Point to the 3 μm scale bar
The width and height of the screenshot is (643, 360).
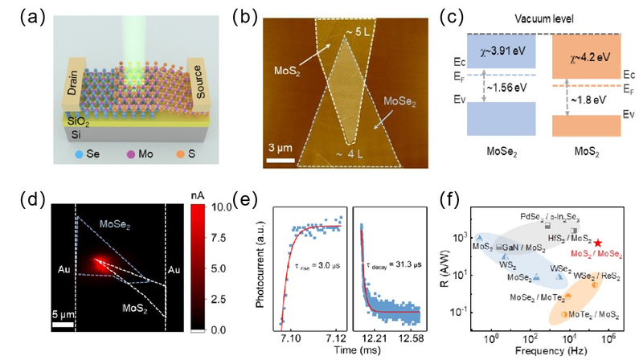click(x=278, y=158)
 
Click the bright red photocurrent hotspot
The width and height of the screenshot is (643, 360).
click(x=99, y=260)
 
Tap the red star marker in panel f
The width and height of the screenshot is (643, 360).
click(x=598, y=243)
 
